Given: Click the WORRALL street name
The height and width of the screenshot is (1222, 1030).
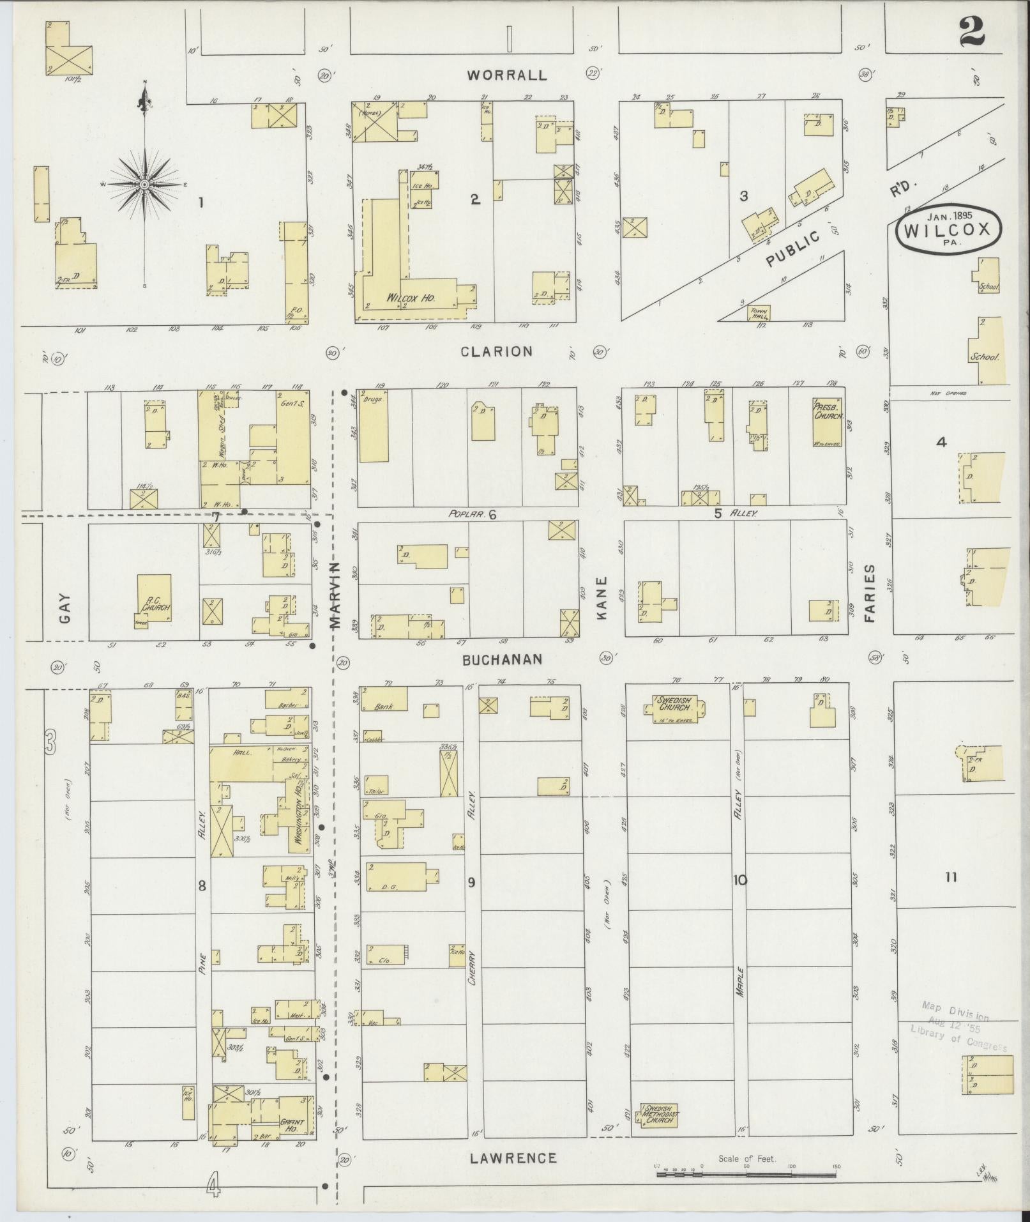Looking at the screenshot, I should (x=506, y=75).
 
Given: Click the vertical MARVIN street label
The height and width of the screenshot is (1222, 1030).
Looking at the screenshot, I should (x=337, y=595).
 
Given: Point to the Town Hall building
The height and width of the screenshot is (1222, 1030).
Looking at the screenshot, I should (x=759, y=312).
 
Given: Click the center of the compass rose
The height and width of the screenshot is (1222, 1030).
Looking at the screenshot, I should (x=145, y=185).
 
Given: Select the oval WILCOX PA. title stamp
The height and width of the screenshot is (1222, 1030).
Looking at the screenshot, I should (x=948, y=229).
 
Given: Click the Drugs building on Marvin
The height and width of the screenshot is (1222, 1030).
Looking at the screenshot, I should (x=374, y=425).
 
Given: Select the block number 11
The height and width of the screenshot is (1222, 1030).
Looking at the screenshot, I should (x=951, y=877).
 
